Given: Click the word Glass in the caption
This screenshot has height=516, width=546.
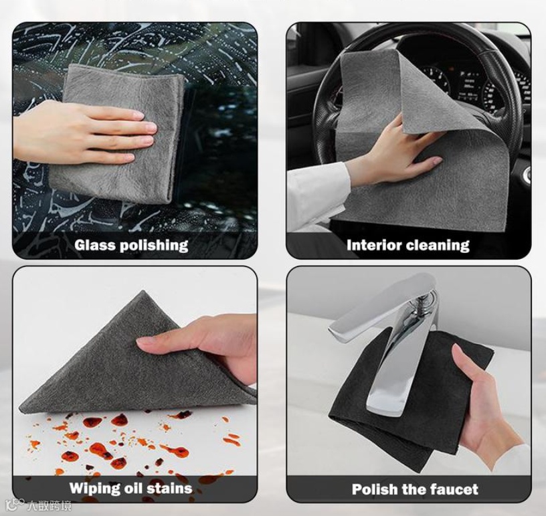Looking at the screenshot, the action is pyautogui.click(x=96, y=245).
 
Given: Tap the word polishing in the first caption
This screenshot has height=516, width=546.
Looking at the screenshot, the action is pyautogui.click(x=155, y=246).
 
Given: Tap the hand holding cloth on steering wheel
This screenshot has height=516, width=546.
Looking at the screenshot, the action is pyautogui.click(x=400, y=153).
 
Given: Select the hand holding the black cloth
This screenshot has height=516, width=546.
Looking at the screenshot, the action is pyautogui.click(x=488, y=408).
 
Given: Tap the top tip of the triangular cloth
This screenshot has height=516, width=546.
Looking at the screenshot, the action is pyautogui.click(x=143, y=291).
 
